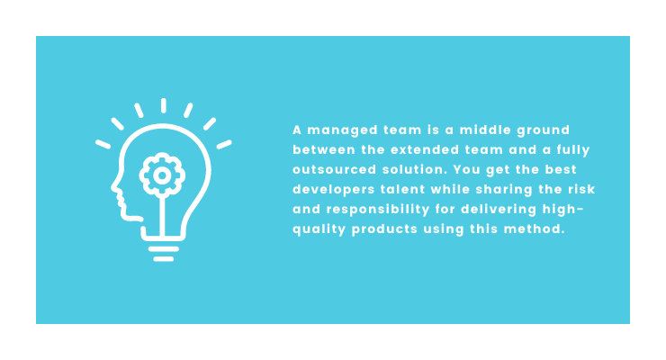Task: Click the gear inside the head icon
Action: click(162, 175)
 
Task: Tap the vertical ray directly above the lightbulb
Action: click(164, 105)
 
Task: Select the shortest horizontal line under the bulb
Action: click(164, 258)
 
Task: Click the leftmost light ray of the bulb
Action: click(103, 144)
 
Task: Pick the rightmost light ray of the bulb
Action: click(224, 144)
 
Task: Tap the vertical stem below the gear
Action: click(162, 217)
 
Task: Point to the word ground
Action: click(544, 130)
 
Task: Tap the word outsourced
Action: click(335, 170)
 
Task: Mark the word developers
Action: click(334, 190)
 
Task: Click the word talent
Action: click(402, 189)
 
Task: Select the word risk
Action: click(582, 189)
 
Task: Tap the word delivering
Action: click(499, 210)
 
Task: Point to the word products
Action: click(385, 229)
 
